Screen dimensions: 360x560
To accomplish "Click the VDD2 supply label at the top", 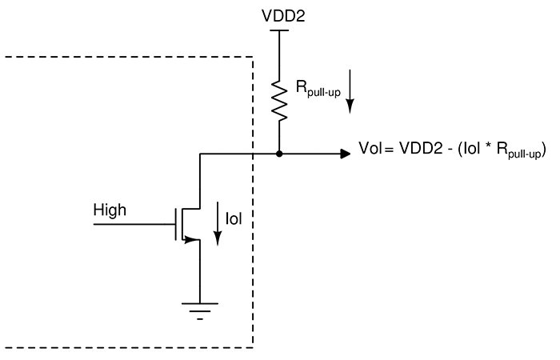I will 278,15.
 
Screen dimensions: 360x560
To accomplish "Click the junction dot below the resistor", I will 278,152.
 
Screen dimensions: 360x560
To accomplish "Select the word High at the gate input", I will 110,211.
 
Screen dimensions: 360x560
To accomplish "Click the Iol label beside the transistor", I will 234,218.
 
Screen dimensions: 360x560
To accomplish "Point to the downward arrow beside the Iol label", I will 217,227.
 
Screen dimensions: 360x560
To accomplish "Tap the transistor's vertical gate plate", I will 177,225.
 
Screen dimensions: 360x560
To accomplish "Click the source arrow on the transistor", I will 192,238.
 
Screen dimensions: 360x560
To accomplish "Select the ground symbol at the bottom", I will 198,308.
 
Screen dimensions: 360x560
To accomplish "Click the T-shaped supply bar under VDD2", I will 278,30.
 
